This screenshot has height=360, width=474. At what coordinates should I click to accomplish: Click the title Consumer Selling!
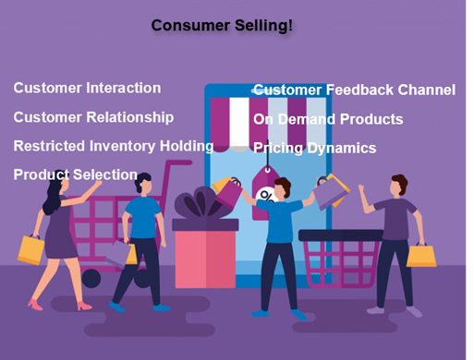pos(222,25)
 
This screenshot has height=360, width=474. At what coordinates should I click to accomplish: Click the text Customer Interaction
pos(87,89)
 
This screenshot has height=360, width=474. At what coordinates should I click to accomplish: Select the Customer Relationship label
pos(93,117)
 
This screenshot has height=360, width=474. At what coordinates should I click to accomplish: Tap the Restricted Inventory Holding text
pos(114,146)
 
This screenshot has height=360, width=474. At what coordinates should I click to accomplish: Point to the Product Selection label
pos(76,174)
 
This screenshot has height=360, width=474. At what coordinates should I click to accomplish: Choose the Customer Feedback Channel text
pos(354,90)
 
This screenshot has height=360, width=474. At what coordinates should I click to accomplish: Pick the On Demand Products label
pos(328,119)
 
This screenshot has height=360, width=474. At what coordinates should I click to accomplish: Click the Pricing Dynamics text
pos(314,148)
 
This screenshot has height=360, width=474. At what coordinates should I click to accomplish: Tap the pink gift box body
pos(205,264)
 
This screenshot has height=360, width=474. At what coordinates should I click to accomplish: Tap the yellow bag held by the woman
pos(30,249)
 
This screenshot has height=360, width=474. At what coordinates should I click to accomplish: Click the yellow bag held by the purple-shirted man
pos(421,256)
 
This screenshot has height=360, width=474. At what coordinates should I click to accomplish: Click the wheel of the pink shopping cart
pos(91,278)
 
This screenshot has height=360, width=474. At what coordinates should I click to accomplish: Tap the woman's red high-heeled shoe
pos(35,304)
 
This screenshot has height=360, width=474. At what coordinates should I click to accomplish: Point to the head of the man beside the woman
pos(141,182)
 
